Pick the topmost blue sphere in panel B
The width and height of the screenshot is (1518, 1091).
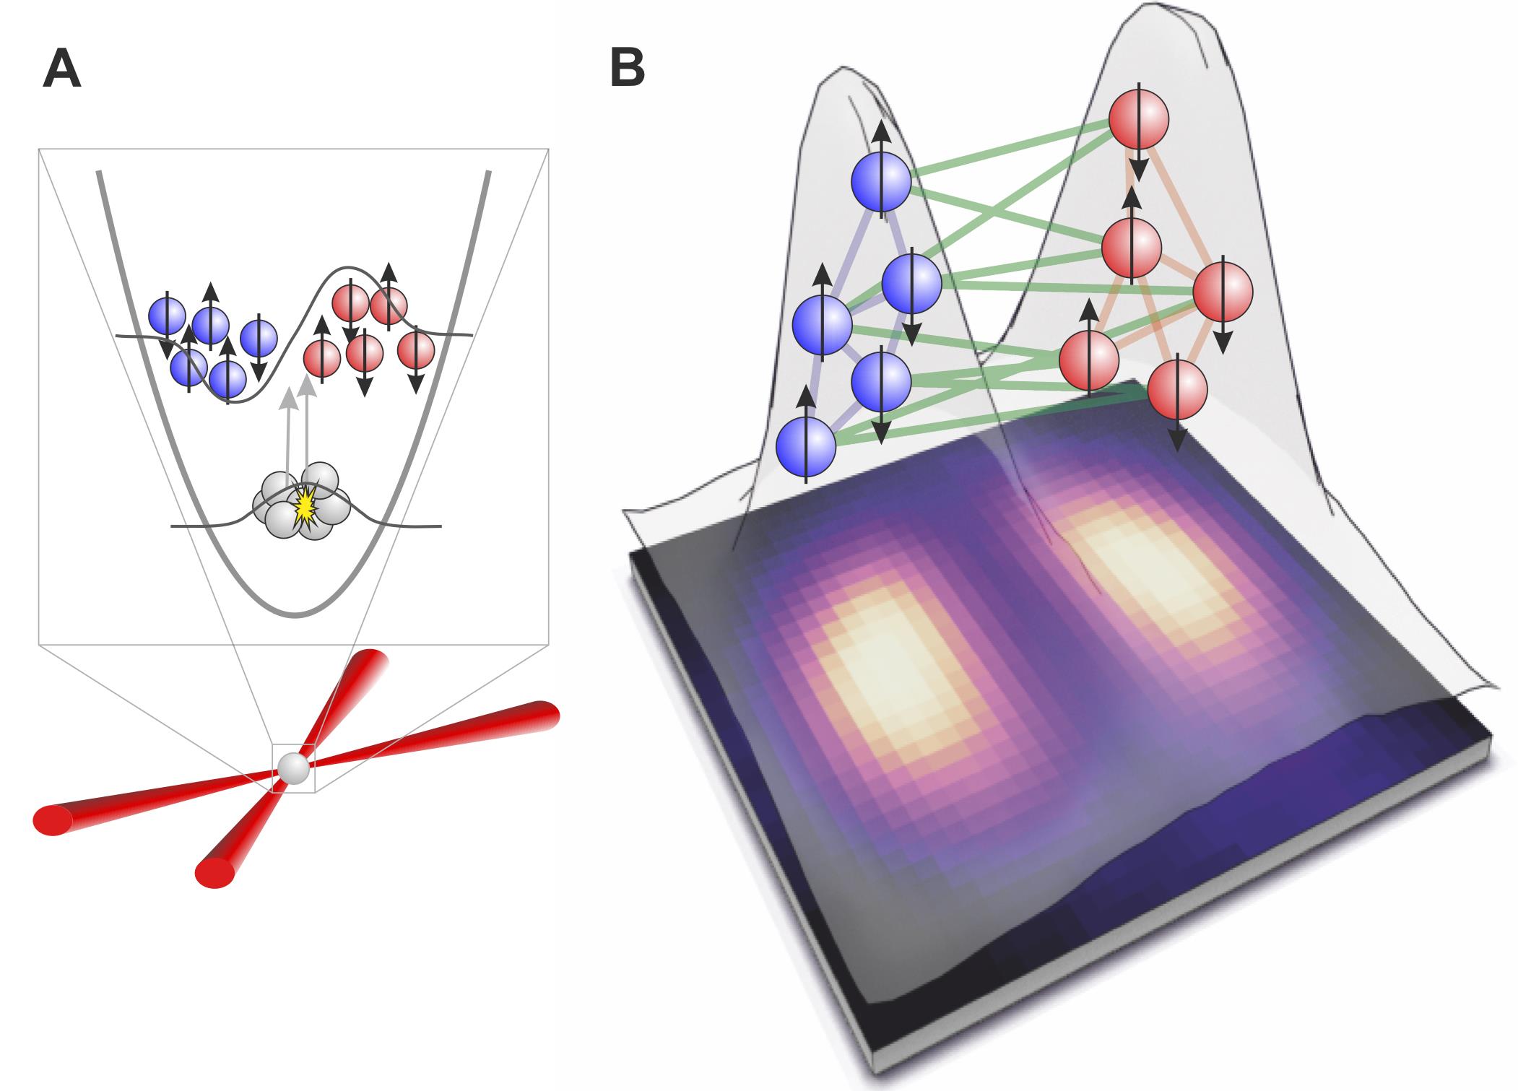click(x=882, y=182)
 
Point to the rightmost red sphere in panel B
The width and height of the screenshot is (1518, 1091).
click(x=1222, y=292)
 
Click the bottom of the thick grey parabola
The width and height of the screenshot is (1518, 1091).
click(x=295, y=614)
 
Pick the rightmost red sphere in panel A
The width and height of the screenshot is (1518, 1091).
click(x=416, y=349)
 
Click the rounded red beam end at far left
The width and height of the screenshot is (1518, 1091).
click(x=52, y=822)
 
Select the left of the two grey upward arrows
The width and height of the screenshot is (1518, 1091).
click(x=289, y=440)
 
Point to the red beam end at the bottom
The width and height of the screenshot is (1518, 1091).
click(x=214, y=872)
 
